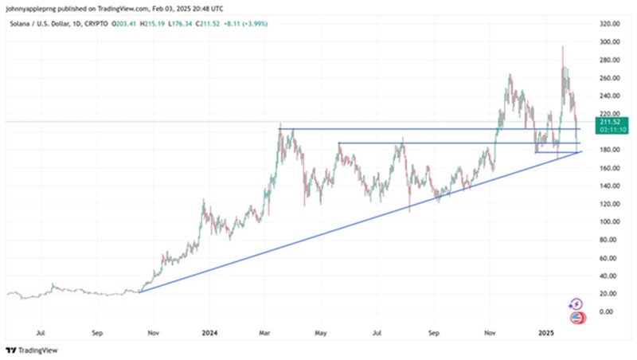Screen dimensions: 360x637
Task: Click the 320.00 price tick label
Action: [610, 23]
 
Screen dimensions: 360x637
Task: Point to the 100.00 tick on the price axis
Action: [610, 221]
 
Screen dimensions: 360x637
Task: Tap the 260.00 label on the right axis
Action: [610, 77]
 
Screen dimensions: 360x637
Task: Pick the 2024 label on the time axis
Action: [209, 329]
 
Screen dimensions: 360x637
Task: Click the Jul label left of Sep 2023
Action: [41, 329]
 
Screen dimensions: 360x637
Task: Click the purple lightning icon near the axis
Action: [576, 303]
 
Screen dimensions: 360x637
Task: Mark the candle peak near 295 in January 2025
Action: [563, 46]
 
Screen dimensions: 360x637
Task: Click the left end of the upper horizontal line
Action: [279, 128]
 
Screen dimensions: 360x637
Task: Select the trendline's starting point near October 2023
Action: [139, 292]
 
